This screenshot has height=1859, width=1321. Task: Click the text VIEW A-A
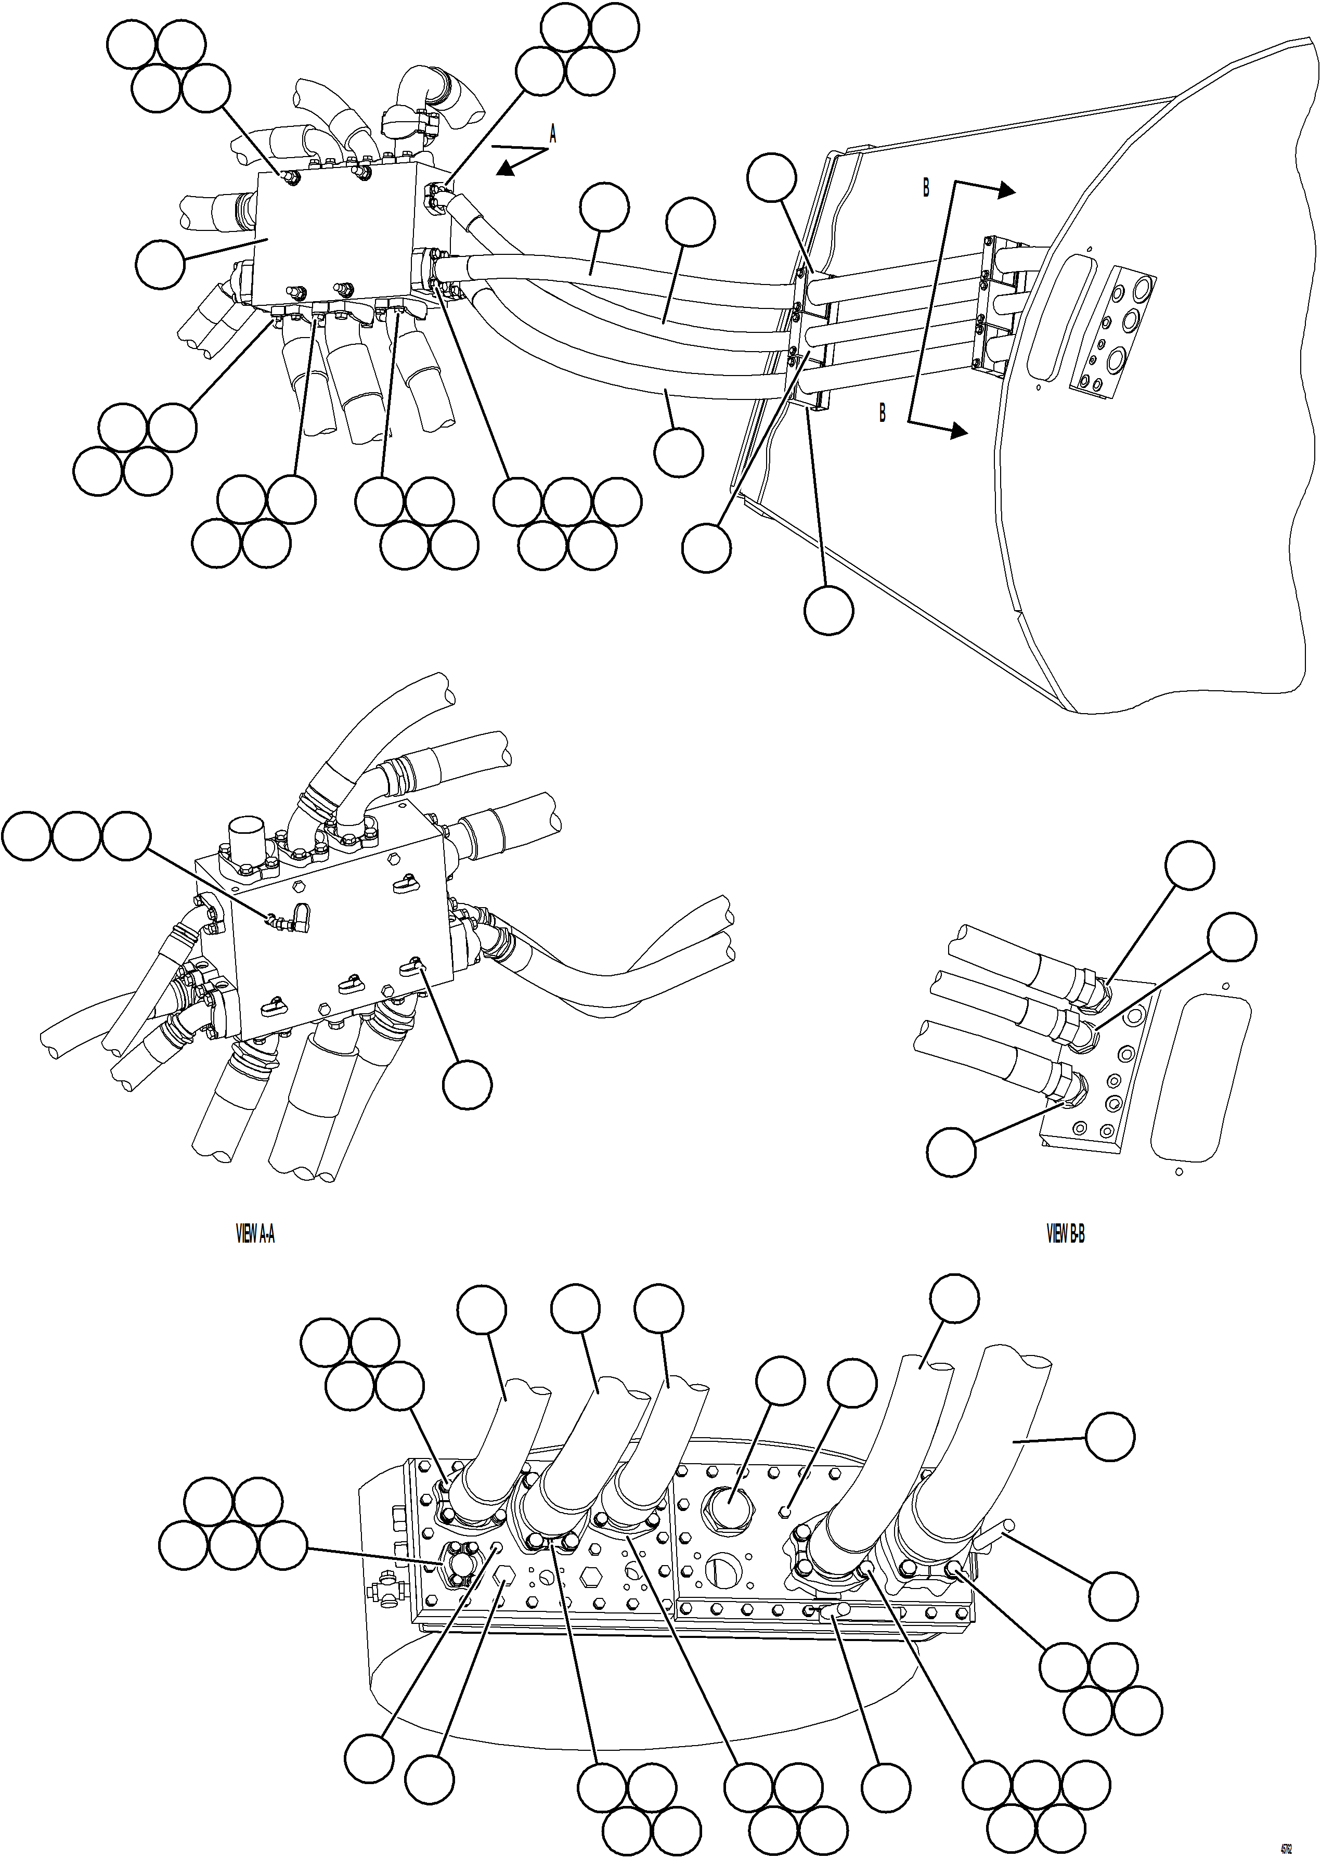pyautogui.click(x=255, y=1235)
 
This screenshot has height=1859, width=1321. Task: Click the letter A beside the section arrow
pyautogui.click(x=553, y=134)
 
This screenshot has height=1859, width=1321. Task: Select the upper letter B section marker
pyautogui.click(x=926, y=188)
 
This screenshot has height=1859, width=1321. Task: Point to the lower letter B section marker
pyautogui.click(x=882, y=414)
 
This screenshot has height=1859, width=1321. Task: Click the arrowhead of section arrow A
pyautogui.click(x=506, y=169)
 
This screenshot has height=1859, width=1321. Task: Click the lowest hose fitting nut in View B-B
pyautogui.click(x=1072, y=1089)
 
